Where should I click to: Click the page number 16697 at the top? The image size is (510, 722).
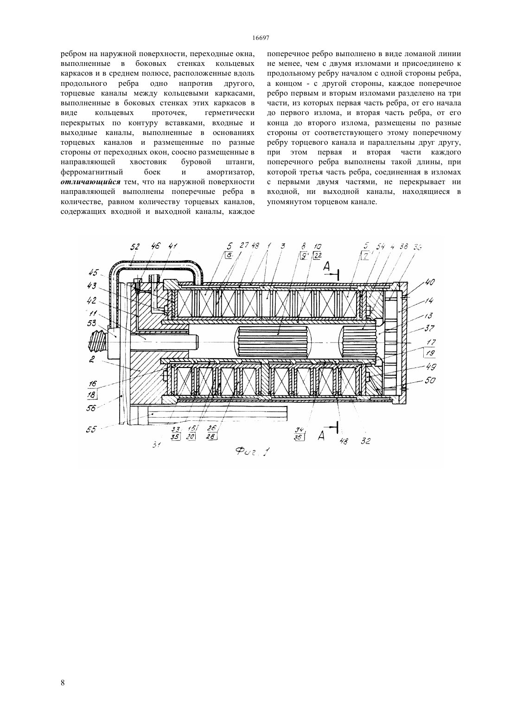(x=261, y=38)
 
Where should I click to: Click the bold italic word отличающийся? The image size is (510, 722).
(x=90, y=182)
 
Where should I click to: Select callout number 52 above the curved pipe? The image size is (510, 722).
(x=135, y=247)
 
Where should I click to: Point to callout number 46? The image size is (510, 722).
(x=156, y=247)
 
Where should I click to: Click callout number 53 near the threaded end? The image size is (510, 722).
(x=92, y=323)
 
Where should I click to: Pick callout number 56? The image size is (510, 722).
(x=92, y=408)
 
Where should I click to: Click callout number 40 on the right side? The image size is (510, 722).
(x=430, y=283)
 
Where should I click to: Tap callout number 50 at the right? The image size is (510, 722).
(x=430, y=381)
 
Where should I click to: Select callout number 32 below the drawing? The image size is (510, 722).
(x=365, y=441)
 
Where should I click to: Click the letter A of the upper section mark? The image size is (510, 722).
(x=326, y=266)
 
